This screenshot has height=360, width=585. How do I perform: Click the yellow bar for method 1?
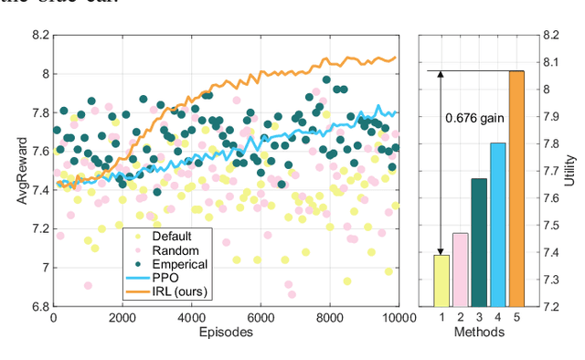point(441,281)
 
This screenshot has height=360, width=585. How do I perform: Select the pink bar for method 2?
point(460,270)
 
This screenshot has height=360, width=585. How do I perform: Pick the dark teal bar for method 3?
point(479,242)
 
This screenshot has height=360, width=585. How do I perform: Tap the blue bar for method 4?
point(498,225)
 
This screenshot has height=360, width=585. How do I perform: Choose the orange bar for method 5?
point(517,188)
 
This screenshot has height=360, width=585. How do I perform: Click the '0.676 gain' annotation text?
point(474,118)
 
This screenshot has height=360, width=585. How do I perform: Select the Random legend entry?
point(173,249)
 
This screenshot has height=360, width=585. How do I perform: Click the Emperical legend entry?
point(178,263)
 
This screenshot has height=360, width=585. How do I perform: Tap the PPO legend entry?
point(165,277)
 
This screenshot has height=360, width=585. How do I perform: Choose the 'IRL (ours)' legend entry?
point(179,291)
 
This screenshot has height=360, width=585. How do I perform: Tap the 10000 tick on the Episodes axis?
point(396,318)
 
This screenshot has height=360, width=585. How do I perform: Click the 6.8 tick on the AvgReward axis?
point(38,307)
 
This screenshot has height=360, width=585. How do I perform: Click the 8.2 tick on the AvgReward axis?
point(38,36)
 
